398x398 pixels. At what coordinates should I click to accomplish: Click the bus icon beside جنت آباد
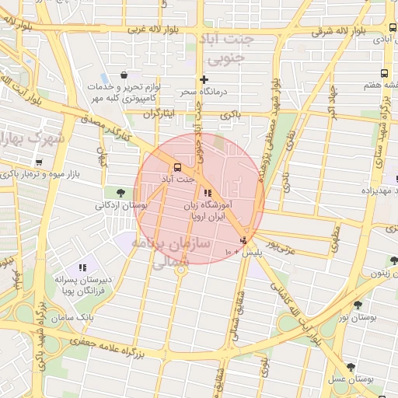pyautogui.click(x=179, y=167)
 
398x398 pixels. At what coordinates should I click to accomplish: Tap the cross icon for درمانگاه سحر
pyautogui.click(x=204, y=79)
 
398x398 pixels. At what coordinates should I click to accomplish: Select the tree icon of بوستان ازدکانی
pyautogui.click(x=120, y=193)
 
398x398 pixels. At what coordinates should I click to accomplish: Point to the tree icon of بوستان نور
pyautogui.click(x=358, y=305)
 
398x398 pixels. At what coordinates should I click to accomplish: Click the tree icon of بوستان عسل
pyautogui.click(x=351, y=366)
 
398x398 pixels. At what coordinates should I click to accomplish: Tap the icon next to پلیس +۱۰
pyautogui.click(x=245, y=239)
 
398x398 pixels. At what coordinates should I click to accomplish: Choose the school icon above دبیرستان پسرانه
pyautogui.click(x=82, y=267)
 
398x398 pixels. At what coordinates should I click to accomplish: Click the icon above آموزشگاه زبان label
pyautogui.click(x=206, y=194)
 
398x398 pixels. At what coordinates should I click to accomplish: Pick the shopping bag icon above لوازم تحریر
pyautogui.click(x=124, y=75)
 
